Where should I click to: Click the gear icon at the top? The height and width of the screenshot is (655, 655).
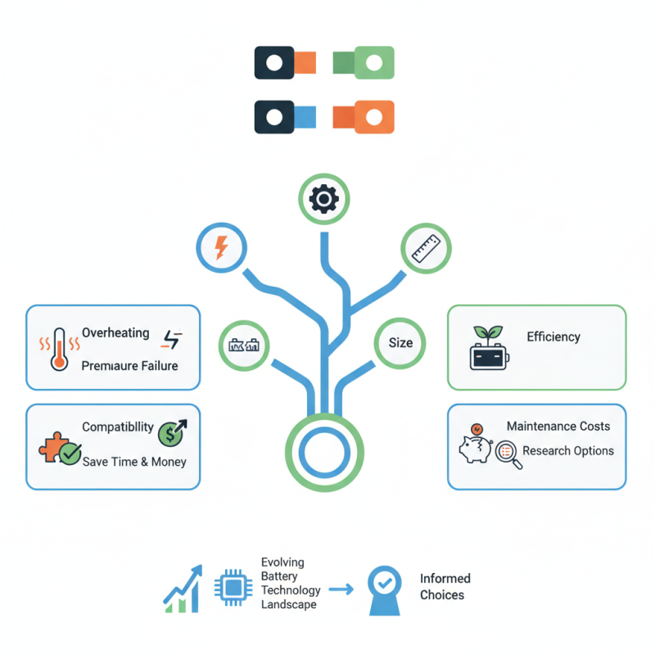pyautogui.click(x=324, y=199)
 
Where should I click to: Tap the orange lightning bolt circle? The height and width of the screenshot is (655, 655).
pyautogui.click(x=220, y=246)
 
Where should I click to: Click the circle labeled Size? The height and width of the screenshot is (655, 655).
pyautogui.click(x=400, y=342)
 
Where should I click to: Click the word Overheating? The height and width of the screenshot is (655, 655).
pyautogui.click(x=115, y=333)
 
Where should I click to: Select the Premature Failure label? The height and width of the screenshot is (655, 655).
pyautogui.click(x=129, y=366)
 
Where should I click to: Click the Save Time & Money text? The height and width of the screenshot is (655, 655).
pyautogui.click(x=134, y=462)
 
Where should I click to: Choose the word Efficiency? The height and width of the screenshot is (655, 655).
pyautogui.click(x=553, y=337)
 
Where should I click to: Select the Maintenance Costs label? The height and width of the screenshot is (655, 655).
pyautogui.click(x=558, y=427)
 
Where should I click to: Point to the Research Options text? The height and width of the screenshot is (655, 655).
pyautogui.click(x=568, y=451)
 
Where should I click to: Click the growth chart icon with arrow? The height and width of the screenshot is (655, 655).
pyautogui.click(x=183, y=589)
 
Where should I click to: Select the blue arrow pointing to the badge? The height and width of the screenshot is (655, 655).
pyautogui.click(x=340, y=589)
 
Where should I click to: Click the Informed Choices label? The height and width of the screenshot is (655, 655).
pyautogui.click(x=445, y=587)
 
